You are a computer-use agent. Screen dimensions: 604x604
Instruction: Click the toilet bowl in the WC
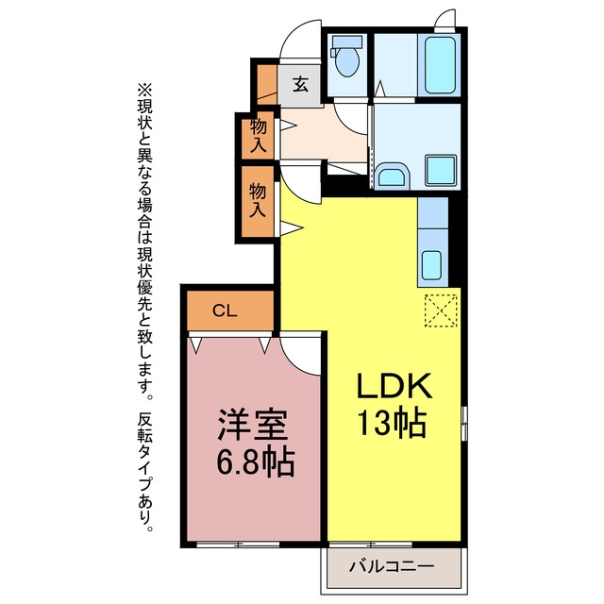click(x=347, y=61)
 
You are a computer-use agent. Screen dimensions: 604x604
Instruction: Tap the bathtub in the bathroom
click(x=440, y=65)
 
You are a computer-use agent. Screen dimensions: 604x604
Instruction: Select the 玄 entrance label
click(x=301, y=84)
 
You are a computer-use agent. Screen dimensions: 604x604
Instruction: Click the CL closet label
click(x=225, y=310)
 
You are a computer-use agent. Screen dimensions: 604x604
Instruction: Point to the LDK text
click(x=394, y=386)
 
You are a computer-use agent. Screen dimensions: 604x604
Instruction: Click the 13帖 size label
click(x=393, y=422)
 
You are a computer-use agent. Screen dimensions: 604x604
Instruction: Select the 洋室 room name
click(x=253, y=425)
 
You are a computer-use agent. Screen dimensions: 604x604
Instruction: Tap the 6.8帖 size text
click(x=256, y=461)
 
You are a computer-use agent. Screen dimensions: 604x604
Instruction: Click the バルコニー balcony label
click(x=392, y=566)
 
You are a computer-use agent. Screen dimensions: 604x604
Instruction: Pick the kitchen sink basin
click(x=431, y=265)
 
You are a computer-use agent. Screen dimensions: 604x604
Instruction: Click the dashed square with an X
click(x=441, y=310)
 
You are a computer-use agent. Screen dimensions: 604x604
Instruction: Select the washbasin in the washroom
click(x=391, y=176)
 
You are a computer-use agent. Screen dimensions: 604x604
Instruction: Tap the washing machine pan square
click(x=441, y=170)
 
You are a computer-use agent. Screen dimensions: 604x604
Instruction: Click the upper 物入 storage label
click(x=258, y=136)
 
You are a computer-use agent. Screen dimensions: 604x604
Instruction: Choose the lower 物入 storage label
click(x=258, y=200)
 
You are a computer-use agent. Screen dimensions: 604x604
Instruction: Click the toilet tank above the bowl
click(x=346, y=42)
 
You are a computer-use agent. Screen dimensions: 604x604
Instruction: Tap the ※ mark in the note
click(x=144, y=92)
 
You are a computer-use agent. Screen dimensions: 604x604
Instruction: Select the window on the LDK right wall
click(x=464, y=423)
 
